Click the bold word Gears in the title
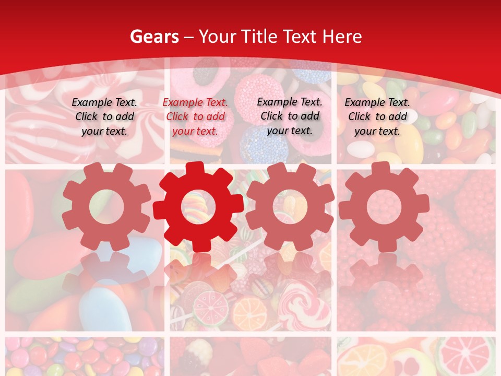click(154, 37)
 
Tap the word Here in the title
click(342, 37)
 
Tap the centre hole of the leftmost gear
click(106, 207)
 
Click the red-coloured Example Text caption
click(195, 117)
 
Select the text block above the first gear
click(104, 116)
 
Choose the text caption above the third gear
click(290, 116)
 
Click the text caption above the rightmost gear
click(377, 116)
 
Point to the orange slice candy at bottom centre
click(249, 313)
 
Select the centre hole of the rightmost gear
click(384, 207)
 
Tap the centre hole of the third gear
click(290, 207)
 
